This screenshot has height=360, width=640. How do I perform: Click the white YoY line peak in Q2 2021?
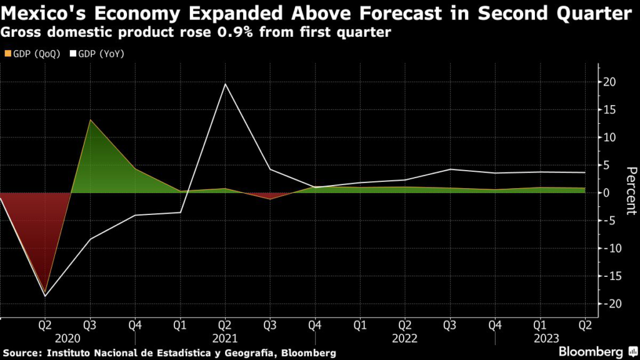[225, 84]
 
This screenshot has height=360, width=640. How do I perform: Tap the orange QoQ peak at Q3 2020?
[89, 120]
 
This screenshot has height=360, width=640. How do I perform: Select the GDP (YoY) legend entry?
[99, 54]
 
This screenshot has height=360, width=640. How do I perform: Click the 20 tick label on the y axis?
[611, 82]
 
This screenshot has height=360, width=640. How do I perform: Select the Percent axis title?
[631, 191]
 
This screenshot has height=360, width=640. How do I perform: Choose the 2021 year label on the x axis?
[225, 338]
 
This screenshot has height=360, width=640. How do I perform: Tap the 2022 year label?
[405, 338]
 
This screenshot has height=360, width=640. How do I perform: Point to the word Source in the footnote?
[21, 353]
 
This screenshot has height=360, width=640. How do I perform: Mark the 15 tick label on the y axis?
[611, 109]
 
